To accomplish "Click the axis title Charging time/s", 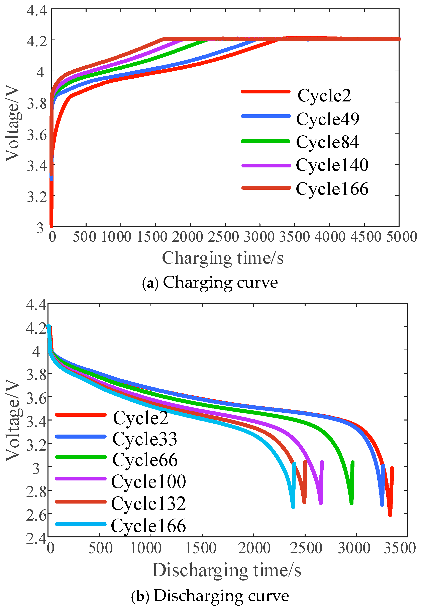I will tap(223, 258).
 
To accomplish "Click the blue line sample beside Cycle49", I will tap(266, 116).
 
